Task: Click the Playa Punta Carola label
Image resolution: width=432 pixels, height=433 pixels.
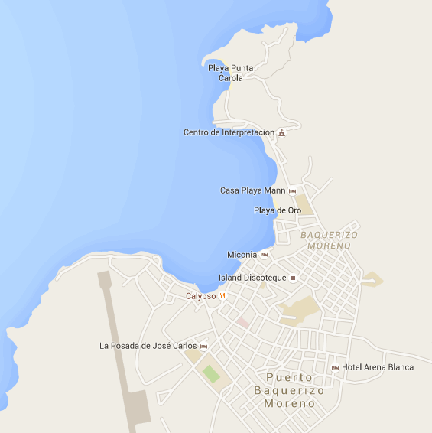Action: (231, 73)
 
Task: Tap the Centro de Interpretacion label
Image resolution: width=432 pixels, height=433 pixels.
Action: (229, 132)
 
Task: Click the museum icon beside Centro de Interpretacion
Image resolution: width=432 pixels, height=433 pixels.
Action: (282, 133)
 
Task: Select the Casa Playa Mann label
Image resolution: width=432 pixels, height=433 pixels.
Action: (252, 190)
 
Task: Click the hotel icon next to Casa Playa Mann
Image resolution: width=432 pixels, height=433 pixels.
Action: (292, 190)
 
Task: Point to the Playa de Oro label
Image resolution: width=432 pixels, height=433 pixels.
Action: (278, 210)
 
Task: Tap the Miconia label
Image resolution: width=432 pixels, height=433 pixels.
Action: (242, 255)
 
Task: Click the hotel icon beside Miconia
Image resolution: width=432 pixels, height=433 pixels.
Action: (264, 255)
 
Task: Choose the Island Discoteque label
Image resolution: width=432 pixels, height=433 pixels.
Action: (252, 278)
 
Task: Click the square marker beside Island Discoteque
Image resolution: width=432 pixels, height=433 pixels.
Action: (293, 278)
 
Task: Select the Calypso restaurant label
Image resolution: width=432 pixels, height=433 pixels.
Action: (200, 296)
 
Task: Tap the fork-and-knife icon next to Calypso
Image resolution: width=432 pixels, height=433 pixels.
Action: (222, 296)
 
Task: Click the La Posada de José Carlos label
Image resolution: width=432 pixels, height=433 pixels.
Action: (148, 346)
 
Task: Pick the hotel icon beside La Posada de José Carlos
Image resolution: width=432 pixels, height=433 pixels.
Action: (203, 347)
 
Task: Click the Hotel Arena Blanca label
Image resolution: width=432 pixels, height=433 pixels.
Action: (378, 367)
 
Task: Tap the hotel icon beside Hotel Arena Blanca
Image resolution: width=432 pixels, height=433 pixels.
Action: (335, 368)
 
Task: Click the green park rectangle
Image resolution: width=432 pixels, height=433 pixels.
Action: (211, 374)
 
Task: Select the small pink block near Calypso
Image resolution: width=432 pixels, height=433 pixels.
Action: (242, 323)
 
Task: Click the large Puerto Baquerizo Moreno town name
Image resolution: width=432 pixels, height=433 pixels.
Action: (290, 390)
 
